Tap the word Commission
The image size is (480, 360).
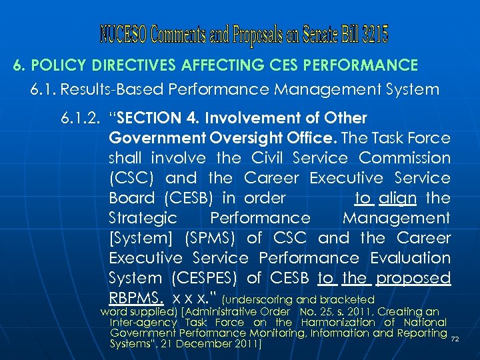(x=405, y=158)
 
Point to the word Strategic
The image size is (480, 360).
(x=143, y=218)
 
